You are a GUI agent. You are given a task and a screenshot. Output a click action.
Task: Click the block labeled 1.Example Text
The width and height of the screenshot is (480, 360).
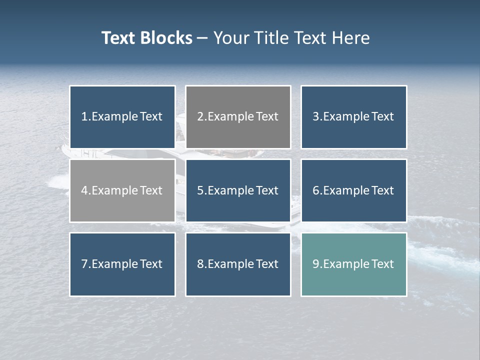point(122,117)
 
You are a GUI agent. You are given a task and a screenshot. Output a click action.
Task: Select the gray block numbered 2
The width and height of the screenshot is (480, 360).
point(238,117)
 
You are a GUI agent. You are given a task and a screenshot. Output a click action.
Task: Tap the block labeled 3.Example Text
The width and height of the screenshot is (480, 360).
point(353,117)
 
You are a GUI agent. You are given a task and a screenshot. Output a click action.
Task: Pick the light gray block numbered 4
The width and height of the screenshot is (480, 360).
point(122,190)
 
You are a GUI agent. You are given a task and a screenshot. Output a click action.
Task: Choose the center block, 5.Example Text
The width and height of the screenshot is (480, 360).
point(238,190)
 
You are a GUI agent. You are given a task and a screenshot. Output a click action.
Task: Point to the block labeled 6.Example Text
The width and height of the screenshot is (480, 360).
point(353,190)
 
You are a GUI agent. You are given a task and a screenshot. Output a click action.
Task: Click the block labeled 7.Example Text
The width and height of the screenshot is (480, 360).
point(122,264)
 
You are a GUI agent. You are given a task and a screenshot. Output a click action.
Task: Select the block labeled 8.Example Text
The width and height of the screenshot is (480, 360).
point(238,264)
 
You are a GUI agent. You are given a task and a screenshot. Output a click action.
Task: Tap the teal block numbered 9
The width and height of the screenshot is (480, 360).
point(353,264)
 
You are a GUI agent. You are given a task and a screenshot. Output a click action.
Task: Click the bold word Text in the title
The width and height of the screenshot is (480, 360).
point(118,38)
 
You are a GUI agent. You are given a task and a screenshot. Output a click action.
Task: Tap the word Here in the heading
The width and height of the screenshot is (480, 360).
point(352,38)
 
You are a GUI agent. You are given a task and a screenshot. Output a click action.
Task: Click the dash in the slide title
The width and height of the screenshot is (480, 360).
point(202,38)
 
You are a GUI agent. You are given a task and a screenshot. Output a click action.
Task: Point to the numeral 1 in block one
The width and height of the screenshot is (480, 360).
point(84,117)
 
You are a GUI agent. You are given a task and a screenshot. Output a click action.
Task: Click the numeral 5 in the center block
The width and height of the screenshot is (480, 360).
point(200,190)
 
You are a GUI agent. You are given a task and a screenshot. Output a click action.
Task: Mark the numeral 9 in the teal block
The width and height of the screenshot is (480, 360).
point(315,264)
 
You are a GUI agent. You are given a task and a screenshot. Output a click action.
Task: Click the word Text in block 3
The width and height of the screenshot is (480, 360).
point(382,117)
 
